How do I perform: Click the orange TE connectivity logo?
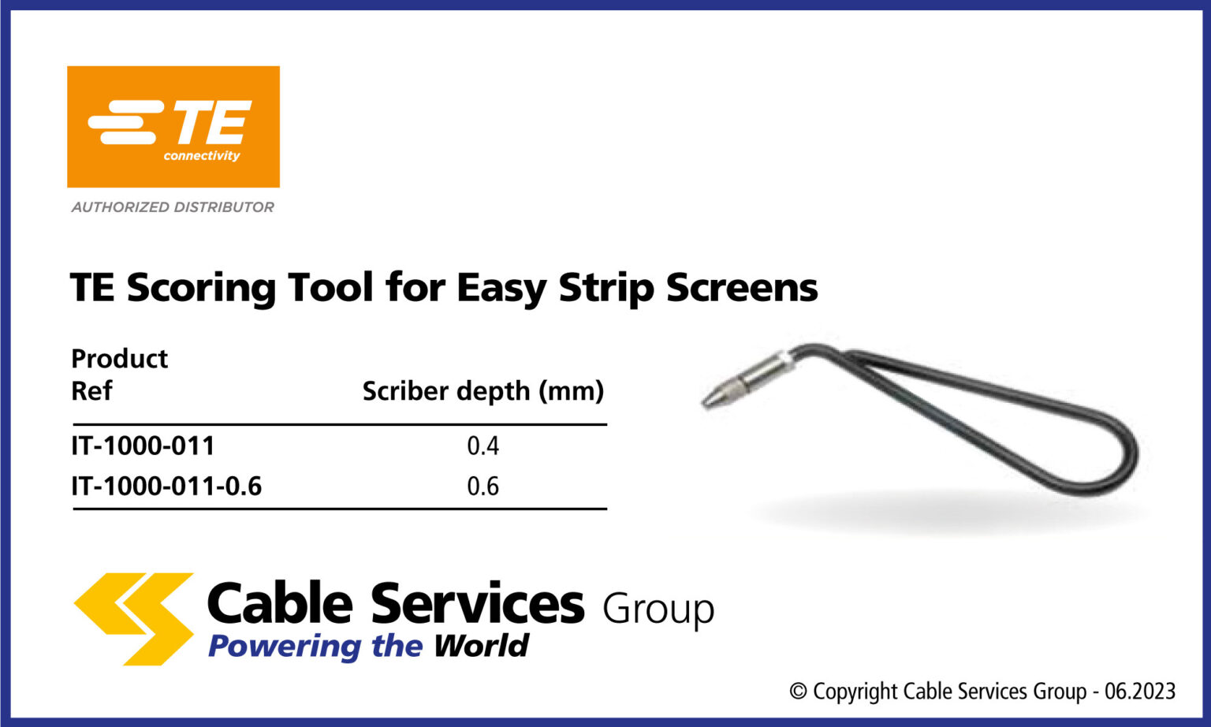pyautogui.click(x=173, y=126)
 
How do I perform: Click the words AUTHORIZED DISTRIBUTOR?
pyautogui.click(x=173, y=207)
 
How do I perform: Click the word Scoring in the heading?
pyautogui.click(x=200, y=287)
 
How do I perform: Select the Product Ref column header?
pyautogui.click(x=119, y=375)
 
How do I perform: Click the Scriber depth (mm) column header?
pyautogui.click(x=483, y=391)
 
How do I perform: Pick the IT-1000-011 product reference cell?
pyautogui.click(x=143, y=446)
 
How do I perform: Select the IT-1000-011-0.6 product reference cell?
pyautogui.click(x=166, y=487)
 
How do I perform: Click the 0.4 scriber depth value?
pyautogui.click(x=483, y=446)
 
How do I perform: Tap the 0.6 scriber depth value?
pyautogui.click(x=483, y=487)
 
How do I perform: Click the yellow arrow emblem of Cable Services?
pyautogui.click(x=134, y=618)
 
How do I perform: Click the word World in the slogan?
pyautogui.click(x=481, y=646)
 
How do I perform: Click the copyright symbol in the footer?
pyautogui.click(x=798, y=692)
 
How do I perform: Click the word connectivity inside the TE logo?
pyautogui.click(x=202, y=156)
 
